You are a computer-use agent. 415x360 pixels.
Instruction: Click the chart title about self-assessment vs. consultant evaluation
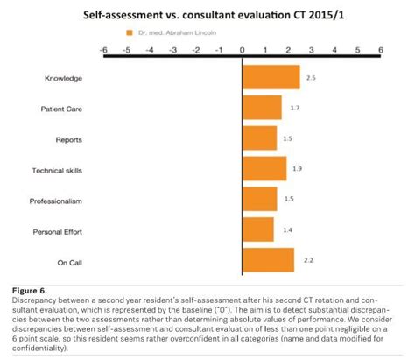tap(207, 16)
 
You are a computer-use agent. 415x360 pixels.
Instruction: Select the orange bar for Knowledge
tap(271, 78)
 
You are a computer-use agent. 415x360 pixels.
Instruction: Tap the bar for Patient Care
tap(262, 108)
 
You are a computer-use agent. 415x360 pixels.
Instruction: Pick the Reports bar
tap(259, 138)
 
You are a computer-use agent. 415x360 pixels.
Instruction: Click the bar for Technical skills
tap(264, 169)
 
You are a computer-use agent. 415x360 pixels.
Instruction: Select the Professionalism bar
tap(259, 200)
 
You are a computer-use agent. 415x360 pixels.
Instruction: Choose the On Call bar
tap(268, 261)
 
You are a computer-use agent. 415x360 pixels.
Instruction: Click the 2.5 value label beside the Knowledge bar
tap(310, 78)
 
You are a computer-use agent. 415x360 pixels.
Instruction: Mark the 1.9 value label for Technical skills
tap(296, 169)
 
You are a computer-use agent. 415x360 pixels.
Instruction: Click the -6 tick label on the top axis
tap(103, 50)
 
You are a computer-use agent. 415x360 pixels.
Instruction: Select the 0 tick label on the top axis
tap(243, 50)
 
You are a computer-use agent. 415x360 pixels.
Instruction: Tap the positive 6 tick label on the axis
tap(381, 50)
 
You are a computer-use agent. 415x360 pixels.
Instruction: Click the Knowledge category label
tap(63, 79)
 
